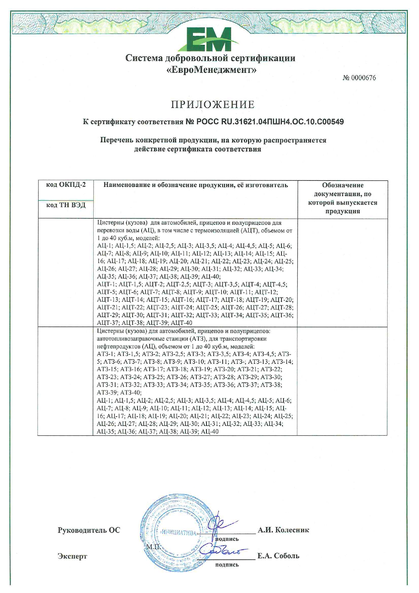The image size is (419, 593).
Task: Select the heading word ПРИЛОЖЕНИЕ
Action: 213,104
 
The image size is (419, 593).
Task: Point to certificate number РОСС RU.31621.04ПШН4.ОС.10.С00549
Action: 269,122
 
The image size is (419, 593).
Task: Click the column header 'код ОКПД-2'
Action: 66,185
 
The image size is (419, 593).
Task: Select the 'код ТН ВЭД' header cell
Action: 66,205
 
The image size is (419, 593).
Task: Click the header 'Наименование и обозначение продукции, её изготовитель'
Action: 196,185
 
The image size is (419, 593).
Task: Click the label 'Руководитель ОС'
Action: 89,530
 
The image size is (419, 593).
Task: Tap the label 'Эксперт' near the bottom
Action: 72,556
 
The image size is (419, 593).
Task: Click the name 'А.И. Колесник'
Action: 283,530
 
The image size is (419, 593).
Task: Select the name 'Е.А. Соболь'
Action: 278,555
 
